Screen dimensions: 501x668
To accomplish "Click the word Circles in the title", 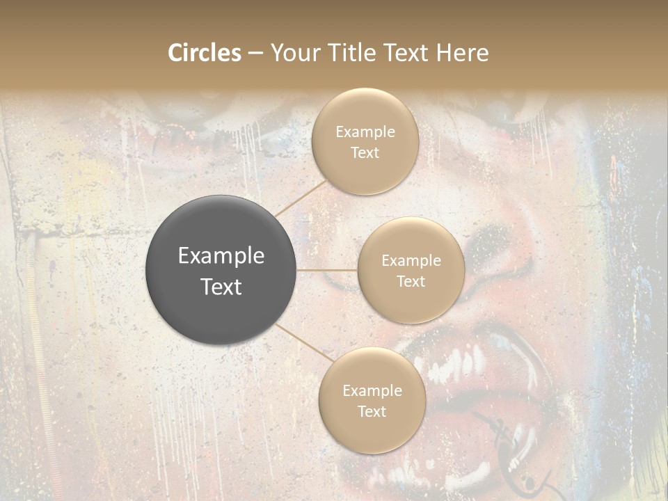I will (x=204, y=53).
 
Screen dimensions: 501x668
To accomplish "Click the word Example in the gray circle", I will (x=221, y=256).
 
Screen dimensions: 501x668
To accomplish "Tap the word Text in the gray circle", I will (x=221, y=287).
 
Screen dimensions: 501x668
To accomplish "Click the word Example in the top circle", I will (x=365, y=132).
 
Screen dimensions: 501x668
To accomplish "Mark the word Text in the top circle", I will (x=365, y=153).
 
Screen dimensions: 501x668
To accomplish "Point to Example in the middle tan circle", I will (x=411, y=261).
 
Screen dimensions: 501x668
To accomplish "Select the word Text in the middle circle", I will (x=411, y=282).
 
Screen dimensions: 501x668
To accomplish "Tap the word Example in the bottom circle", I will (x=372, y=390).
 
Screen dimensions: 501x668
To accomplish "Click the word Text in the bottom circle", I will (x=372, y=411).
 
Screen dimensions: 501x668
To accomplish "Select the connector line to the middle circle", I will (x=327, y=270).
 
